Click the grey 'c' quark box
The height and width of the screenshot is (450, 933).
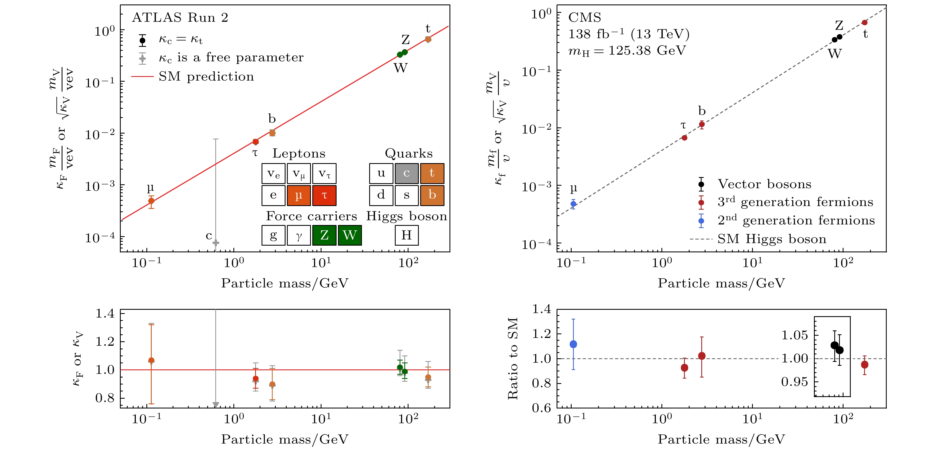point(406,173)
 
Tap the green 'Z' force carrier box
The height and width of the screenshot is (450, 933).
point(324,235)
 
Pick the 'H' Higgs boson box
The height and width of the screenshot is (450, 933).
point(406,235)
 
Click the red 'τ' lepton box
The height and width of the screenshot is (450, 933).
point(324,195)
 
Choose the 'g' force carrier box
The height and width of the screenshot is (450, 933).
point(274,235)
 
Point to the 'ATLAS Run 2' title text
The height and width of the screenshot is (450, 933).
point(180,17)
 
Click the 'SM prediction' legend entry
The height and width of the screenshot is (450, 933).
point(206,76)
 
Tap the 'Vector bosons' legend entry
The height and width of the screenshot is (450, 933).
point(764,184)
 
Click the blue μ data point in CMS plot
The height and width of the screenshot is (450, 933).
point(573,204)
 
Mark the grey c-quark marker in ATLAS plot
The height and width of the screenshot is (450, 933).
point(216,243)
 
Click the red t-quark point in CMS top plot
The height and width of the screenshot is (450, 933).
point(865,23)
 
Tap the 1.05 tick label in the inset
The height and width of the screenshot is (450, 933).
point(795,335)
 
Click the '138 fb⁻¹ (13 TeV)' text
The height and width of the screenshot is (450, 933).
point(629,34)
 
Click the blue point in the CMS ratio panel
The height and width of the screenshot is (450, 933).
point(573,344)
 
